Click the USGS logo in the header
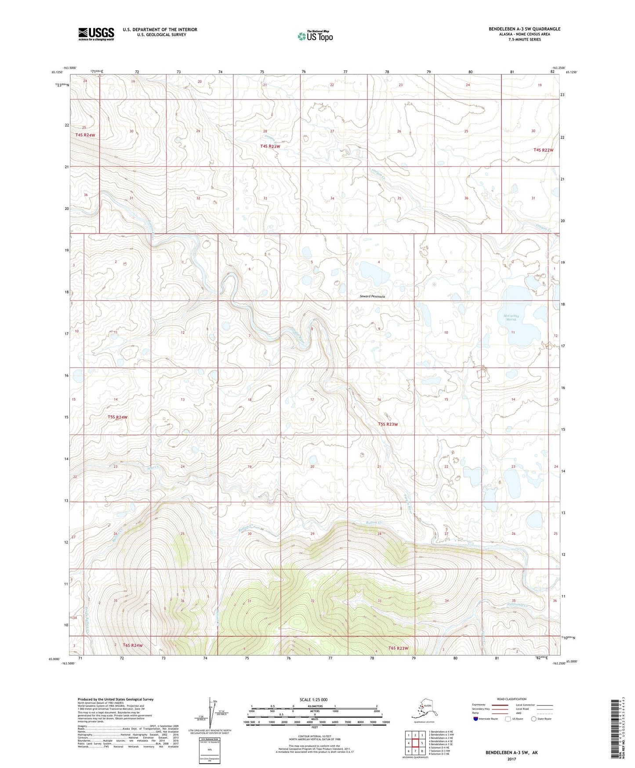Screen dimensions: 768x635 96,34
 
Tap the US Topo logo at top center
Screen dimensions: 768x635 315,36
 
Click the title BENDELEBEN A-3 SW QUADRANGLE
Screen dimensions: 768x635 524,29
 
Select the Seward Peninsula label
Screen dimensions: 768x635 372,296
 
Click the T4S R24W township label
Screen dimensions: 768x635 85,135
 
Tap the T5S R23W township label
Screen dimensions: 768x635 388,424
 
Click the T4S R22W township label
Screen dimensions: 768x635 543,150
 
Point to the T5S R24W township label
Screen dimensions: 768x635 117,417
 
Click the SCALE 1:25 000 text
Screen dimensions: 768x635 313,700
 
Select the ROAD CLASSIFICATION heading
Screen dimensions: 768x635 512,699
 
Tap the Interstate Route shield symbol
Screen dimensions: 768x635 476,719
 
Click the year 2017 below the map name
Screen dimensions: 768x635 511,759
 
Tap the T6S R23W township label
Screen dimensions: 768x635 398,648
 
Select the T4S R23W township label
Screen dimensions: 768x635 270,146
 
